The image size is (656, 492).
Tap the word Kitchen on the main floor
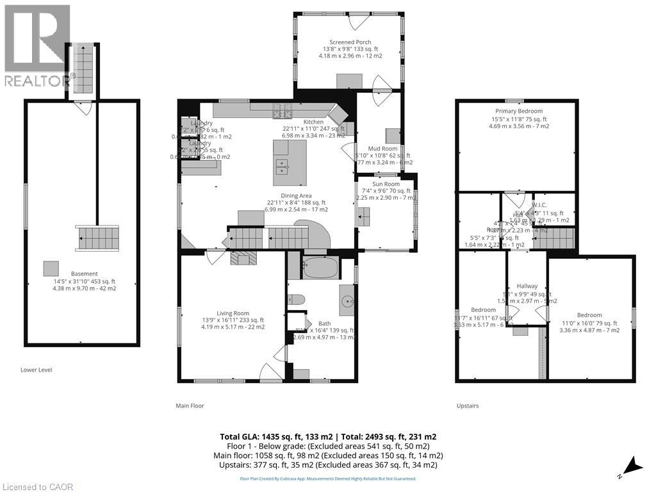[313, 122]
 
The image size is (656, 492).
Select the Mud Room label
[383, 149]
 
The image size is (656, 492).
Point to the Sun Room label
[386, 184]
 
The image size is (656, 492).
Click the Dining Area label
[296, 196]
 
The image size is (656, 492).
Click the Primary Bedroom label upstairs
[518, 111]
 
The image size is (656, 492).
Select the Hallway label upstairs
[527, 286]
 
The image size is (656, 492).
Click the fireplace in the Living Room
[243, 258]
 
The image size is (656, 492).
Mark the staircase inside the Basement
[97, 239]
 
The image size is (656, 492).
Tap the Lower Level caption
[36, 370]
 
